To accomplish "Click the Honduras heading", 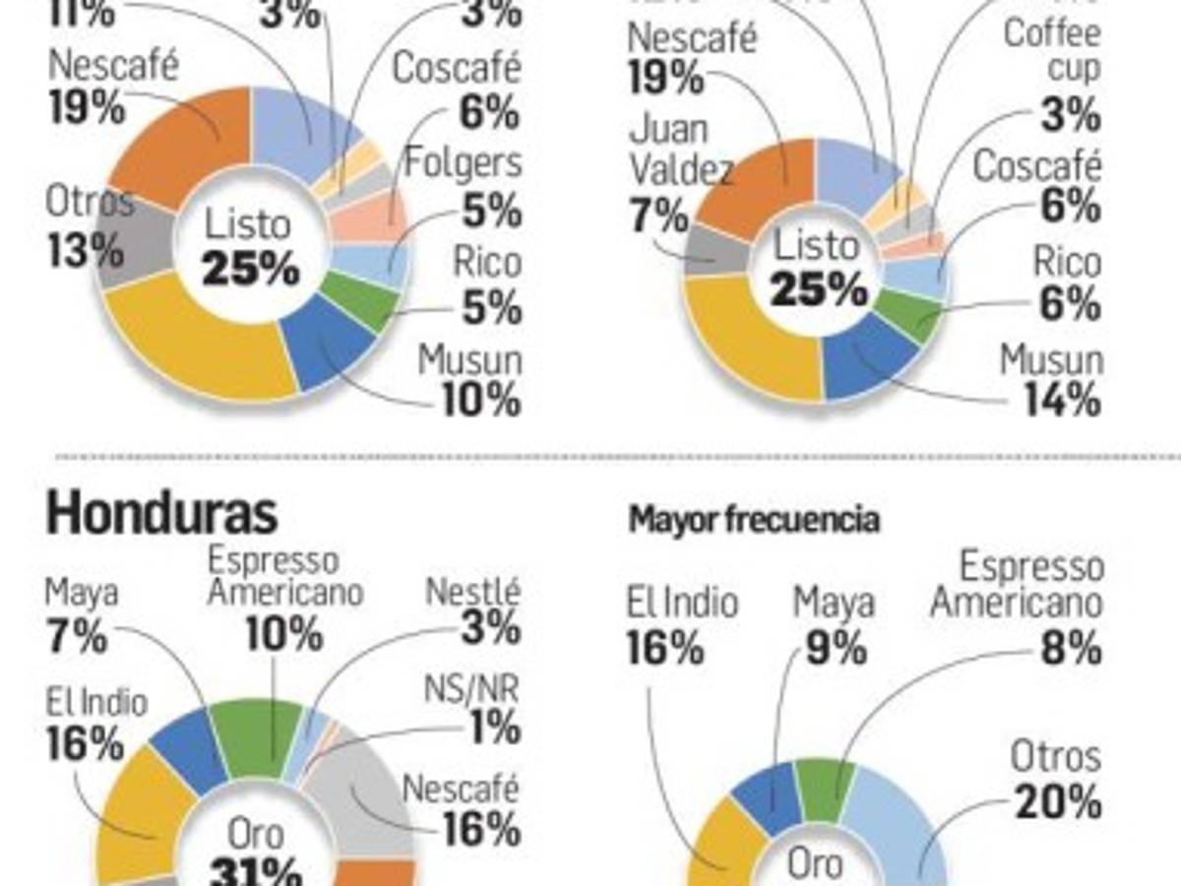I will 161,513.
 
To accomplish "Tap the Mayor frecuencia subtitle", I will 754,520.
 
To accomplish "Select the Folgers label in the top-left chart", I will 465,164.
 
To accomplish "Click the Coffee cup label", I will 1052,51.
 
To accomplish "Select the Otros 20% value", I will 1055,803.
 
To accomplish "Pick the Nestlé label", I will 472,593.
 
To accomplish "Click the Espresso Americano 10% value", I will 284,634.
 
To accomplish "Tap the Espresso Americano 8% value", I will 1070,649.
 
